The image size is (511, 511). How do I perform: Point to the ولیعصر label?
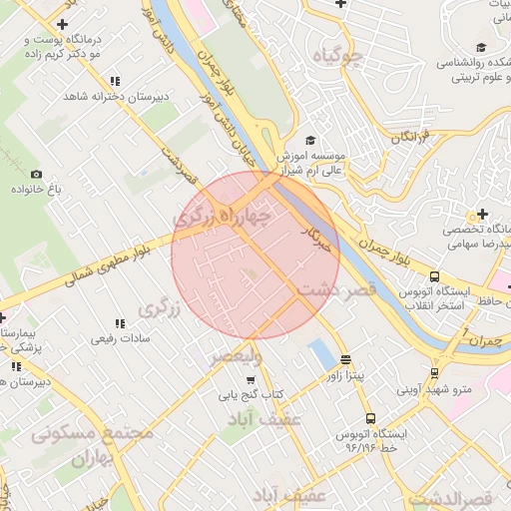(236, 355)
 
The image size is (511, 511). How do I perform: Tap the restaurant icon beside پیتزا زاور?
(345, 361)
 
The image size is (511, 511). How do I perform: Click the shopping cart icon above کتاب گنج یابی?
(250, 379)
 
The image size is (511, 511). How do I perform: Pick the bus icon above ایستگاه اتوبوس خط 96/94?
(371, 419)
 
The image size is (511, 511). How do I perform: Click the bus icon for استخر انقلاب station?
(433, 277)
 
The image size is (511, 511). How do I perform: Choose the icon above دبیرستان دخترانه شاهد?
(115, 82)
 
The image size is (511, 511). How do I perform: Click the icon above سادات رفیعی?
(119, 324)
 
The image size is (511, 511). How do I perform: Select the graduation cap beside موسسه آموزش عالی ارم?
(310, 141)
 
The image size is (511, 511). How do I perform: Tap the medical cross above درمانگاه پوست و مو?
(65, 23)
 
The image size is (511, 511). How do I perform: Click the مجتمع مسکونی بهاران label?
(92, 445)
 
